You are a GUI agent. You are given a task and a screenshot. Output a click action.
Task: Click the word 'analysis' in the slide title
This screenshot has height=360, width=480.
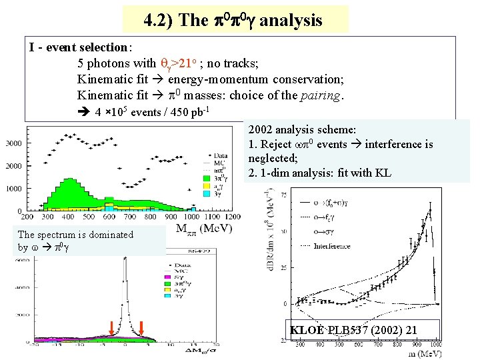coord(291,20)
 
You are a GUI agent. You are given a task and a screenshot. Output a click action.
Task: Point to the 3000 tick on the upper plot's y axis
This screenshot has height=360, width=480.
coord(13,143)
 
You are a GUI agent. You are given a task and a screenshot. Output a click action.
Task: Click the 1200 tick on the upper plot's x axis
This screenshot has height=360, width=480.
coord(233,217)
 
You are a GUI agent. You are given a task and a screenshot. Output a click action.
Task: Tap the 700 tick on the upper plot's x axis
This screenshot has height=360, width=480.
coord(130,217)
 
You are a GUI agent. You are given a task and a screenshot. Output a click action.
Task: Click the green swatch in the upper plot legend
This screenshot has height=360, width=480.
coord(205,178)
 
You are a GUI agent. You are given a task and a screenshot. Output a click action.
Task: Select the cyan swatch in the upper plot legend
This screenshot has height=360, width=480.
coord(205,193)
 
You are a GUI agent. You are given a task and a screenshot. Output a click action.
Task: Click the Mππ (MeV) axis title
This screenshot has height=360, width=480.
coord(205,229)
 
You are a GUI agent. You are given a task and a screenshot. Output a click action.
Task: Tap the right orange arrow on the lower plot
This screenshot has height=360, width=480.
coord(142,327)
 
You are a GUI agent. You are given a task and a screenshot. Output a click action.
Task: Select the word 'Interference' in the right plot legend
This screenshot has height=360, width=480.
coord(333,246)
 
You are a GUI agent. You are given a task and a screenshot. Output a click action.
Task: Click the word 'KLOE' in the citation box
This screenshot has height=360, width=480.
coord(307,330)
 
